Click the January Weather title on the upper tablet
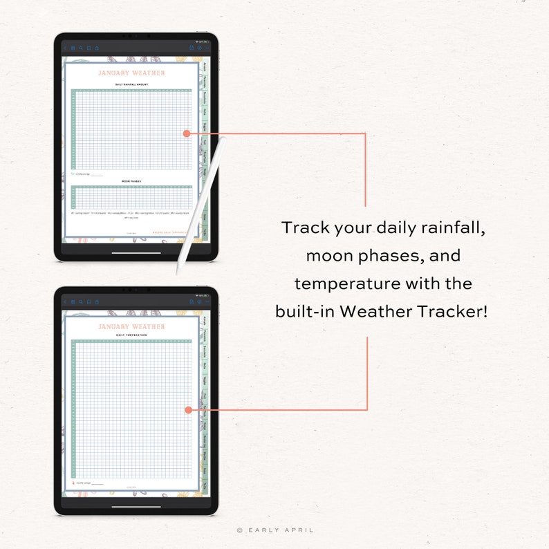point(131,73)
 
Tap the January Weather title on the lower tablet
point(131,326)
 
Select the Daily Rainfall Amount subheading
point(131,84)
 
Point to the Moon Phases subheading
point(131,182)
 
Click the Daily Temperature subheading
point(131,335)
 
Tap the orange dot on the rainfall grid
point(187,133)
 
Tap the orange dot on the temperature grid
point(188,410)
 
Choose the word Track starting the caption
point(304,228)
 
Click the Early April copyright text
point(274,530)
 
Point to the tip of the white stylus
point(178,270)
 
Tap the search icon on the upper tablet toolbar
point(80,48)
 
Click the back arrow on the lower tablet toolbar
point(65,302)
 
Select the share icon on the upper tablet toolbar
point(97,48)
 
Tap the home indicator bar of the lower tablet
point(136,507)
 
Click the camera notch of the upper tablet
point(136,36)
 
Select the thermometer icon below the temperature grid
point(73,483)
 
